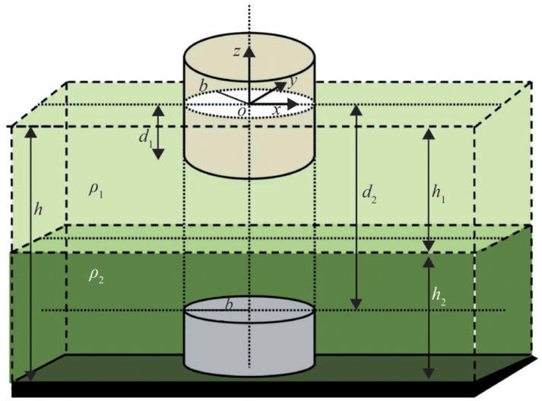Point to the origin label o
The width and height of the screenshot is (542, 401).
pyautogui.click(x=241, y=112)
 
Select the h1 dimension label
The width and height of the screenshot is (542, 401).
pyautogui.click(x=439, y=194)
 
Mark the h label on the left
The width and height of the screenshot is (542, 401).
pyautogui.click(x=39, y=207)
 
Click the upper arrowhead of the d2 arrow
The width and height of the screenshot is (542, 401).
pyautogui.click(x=355, y=111)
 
